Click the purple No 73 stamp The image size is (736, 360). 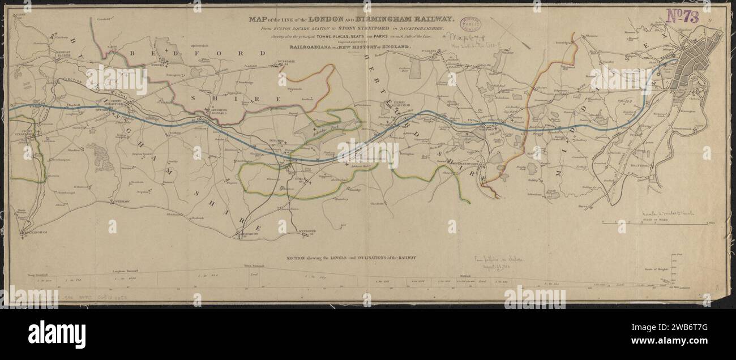(682, 16)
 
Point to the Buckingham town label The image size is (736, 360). (35, 232)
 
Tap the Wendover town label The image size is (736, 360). (306, 230)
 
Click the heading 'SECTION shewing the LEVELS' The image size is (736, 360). (351, 258)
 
